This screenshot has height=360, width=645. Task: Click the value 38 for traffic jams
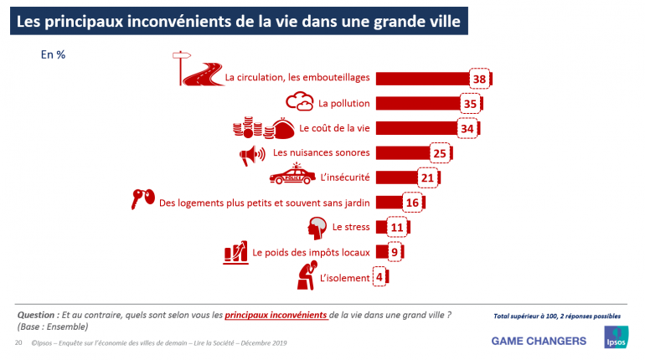click(480, 79)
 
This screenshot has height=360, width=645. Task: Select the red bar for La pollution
click(418, 103)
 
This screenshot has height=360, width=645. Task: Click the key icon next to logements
click(142, 198)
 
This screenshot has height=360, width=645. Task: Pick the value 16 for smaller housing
click(410, 202)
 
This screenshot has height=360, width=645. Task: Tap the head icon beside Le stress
click(317, 226)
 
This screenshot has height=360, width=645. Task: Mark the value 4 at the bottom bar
click(379, 277)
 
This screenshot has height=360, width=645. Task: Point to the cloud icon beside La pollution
click(301, 102)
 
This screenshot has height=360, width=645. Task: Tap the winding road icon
click(196, 73)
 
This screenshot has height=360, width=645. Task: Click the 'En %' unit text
click(53, 55)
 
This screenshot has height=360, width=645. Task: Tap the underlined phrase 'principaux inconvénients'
click(276, 315)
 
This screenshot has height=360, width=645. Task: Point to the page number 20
click(18, 343)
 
